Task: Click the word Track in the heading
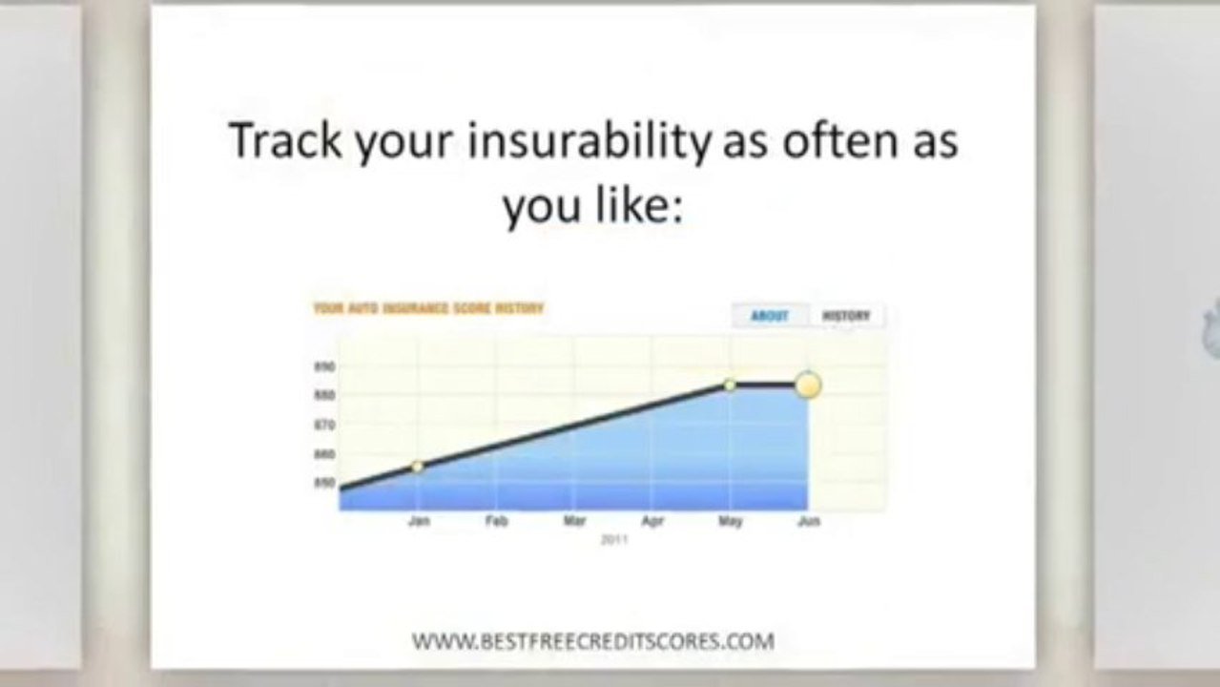[285, 141]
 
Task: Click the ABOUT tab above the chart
[770, 316]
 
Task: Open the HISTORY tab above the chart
[846, 316]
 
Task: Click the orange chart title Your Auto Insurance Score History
[428, 309]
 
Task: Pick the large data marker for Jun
[808, 385]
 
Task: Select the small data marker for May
[730, 385]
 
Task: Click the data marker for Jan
[418, 467]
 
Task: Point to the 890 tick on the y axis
[323, 366]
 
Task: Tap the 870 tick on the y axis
[323, 425]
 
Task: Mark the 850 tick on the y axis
[323, 484]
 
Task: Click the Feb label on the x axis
[496, 522]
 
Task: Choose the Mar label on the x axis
[574, 522]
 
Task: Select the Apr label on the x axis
[652, 522]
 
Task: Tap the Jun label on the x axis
[808, 522]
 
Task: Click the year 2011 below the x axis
[612, 539]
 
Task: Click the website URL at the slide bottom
[592, 641]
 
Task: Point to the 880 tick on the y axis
[323, 395]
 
